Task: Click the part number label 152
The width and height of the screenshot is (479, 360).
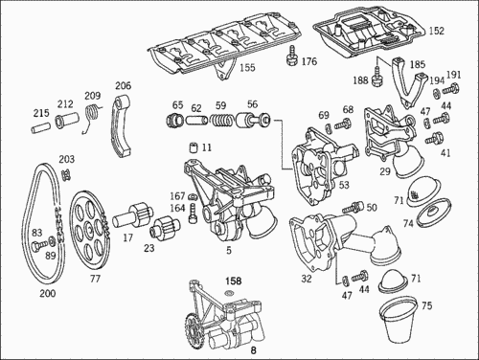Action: click(x=437, y=31)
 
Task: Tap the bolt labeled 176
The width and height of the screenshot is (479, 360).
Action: click(x=291, y=56)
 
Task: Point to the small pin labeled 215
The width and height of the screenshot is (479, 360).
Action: click(x=40, y=128)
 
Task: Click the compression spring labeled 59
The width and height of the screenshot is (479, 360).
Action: click(x=221, y=121)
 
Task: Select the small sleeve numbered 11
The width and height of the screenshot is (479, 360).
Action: click(x=194, y=147)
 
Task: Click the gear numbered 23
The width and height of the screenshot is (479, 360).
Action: click(x=165, y=227)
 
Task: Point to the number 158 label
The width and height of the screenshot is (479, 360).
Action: click(x=234, y=281)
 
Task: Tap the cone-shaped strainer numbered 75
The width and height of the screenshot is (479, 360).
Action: click(x=399, y=320)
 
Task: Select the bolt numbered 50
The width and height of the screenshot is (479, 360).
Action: click(x=353, y=207)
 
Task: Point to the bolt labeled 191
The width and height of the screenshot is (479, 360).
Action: click(x=451, y=88)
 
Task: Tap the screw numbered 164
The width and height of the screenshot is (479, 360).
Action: click(x=193, y=214)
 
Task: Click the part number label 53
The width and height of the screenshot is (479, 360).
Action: click(x=344, y=185)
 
